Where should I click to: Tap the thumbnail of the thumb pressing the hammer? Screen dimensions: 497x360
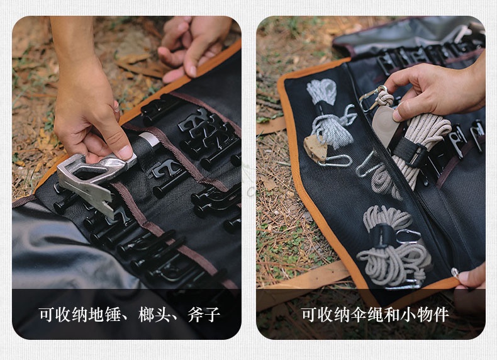coord(126,152)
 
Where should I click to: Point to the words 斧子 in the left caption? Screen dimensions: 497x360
coord(204,315)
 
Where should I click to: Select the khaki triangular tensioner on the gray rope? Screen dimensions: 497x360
coord(315,147)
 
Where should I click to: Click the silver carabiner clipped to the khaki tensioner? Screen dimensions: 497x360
coord(335,161)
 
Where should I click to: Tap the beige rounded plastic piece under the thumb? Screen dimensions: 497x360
coord(383,124)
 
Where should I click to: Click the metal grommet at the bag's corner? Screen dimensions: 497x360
coord(455,272)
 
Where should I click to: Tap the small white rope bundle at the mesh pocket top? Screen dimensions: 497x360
coord(321,91)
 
